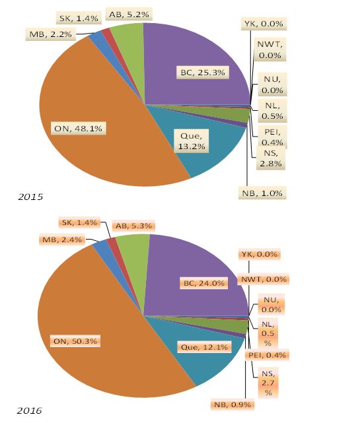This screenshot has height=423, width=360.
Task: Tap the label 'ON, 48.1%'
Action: click(79, 129)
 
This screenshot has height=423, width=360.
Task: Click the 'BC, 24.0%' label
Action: click(204, 283)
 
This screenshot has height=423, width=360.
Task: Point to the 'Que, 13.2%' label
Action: click(192, 141)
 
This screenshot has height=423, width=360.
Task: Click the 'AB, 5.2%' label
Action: click(129, 15)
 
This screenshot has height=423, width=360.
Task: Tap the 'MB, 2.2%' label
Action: click(50, 34)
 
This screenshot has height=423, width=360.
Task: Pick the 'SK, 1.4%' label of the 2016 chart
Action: click(79, 222)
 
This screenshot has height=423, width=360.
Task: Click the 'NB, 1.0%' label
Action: click(262, 193)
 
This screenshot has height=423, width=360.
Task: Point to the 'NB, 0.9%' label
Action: click(233, 405)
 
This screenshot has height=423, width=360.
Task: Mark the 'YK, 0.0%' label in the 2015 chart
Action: click(264, 24)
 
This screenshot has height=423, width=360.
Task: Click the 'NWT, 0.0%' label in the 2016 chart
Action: click(264, 279)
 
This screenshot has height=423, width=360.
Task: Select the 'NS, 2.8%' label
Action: click(271, 158)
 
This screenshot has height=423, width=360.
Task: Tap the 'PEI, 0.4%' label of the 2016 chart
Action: click(267, 355)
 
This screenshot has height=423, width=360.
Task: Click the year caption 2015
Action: click(30, 197)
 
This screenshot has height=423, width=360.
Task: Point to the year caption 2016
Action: click(29, 410)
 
